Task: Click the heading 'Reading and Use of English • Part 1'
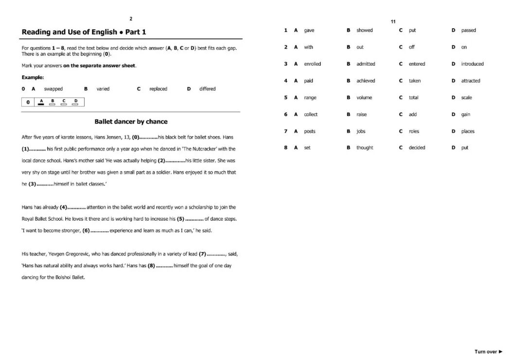84,32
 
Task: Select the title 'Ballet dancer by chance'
131,121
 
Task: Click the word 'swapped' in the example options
53,89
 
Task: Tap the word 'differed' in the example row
207,89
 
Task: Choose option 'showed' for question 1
365,30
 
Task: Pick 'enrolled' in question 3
313,64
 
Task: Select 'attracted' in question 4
471,81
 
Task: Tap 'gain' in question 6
466,115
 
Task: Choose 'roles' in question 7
414,131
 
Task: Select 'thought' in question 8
365,148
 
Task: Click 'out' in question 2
360,47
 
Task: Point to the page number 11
393,21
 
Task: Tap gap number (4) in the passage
63,207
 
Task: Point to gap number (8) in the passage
151,266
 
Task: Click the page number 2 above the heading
131,18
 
